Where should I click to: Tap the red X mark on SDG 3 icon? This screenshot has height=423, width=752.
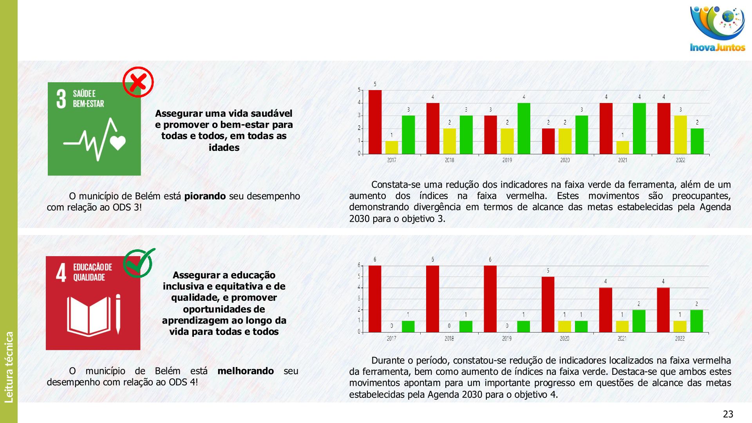pyautogui.click(x=138, y=82)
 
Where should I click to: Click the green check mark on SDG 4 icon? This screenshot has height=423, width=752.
pyautogui.click(x=139, y=263)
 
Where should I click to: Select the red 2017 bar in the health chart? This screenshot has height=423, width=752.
pyautogui.click(x=375, y=122)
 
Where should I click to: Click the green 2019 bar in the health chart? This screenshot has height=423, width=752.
pyautogui.click(x=524, y=128)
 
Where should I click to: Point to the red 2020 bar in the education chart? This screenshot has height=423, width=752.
pyautogui.click(x=548, y=304)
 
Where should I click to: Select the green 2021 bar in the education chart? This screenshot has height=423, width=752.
pyautogui.click(x=639, y=321)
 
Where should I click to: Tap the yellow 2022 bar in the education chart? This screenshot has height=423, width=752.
pyautogui.click(x=680, y=326)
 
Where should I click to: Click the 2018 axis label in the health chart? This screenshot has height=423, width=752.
pyautogui.click(x=449, y=160)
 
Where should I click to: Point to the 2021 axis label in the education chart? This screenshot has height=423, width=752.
pyautogui.click(x=622, y=339)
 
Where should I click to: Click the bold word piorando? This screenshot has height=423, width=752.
pyautogui.click(x=205, y=196)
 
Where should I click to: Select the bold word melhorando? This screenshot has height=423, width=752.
pyautogui.click(x=246, y=371)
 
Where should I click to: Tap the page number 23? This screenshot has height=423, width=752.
pyautogui.click(x=728, y=414)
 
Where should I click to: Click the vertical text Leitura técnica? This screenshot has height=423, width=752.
pyautogui.click(x=9, y=367)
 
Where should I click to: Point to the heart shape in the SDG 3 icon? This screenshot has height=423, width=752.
pyautogui.click(x=118, y=143)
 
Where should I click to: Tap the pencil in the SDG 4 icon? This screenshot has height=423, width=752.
pyautogui.click(x=118, y=314)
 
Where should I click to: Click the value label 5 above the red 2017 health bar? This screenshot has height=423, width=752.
pyautogui.click(x=375, y=84)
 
